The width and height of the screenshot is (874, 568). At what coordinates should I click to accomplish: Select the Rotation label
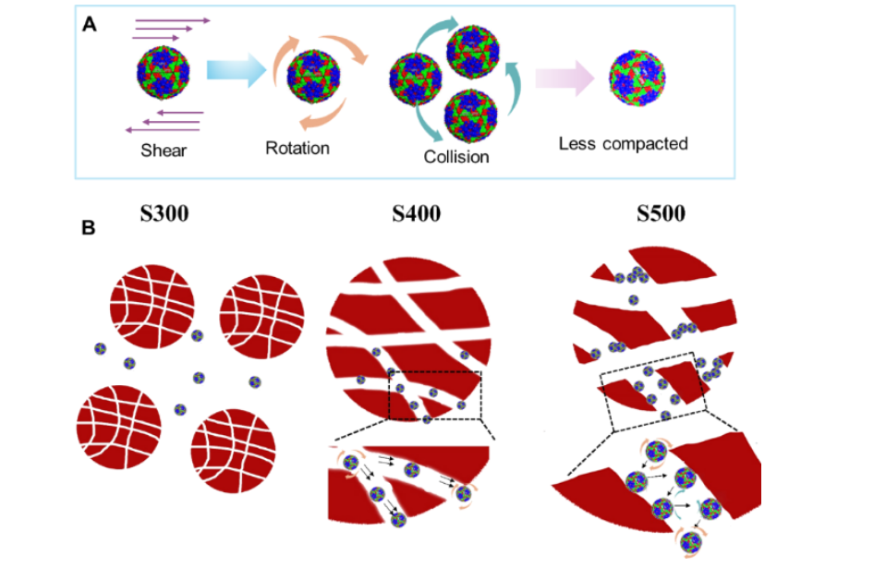pyautogui.click(x=297, y=148)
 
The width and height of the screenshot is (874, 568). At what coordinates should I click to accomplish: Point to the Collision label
pyautogui.click(x=456, y=157)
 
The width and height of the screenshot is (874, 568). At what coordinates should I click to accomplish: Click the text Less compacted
pyautogui.click(x=624, y=144)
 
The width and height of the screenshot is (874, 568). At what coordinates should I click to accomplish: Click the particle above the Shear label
pyautogui.click(x=164, y=74)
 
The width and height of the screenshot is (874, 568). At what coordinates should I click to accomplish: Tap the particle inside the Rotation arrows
pyautogui.click(x=314, y=78)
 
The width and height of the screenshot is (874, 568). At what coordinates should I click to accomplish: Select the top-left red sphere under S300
pyautogui.click(x=152, y=309)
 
